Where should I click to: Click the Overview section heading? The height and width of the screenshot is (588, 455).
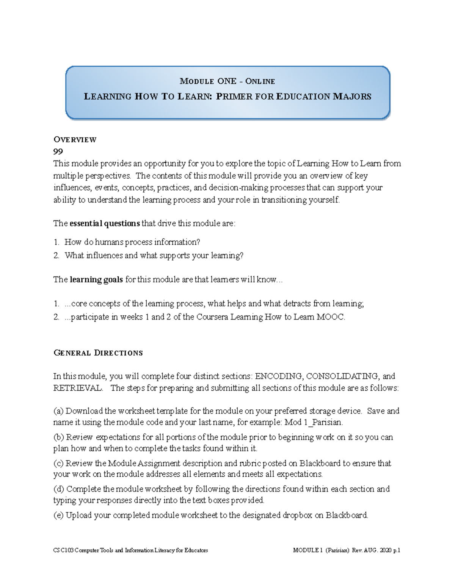tap(75, 140)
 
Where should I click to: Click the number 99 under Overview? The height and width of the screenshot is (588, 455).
tap(58, 152)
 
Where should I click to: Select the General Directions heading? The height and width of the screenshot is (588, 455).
tap(98, 353)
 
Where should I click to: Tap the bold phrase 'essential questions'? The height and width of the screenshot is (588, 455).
tap(105, 223)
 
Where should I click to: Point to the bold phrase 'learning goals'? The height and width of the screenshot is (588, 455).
tap(96, 280)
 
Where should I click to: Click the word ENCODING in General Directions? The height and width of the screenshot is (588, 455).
tap(279, 376)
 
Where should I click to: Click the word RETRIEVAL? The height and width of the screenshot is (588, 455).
tap(77, 388)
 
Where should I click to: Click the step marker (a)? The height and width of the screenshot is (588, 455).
tap(59, 411)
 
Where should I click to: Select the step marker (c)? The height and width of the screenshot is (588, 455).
tap(58, 463)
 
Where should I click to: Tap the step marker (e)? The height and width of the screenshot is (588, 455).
tap(58, 515)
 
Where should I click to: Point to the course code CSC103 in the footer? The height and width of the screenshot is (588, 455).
tap(63, 551)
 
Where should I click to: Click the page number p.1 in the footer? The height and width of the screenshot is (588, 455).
tap(396, 551)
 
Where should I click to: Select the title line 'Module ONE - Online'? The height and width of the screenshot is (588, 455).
tap(227, 81)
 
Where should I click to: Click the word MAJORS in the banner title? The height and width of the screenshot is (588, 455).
tap(352, 97)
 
